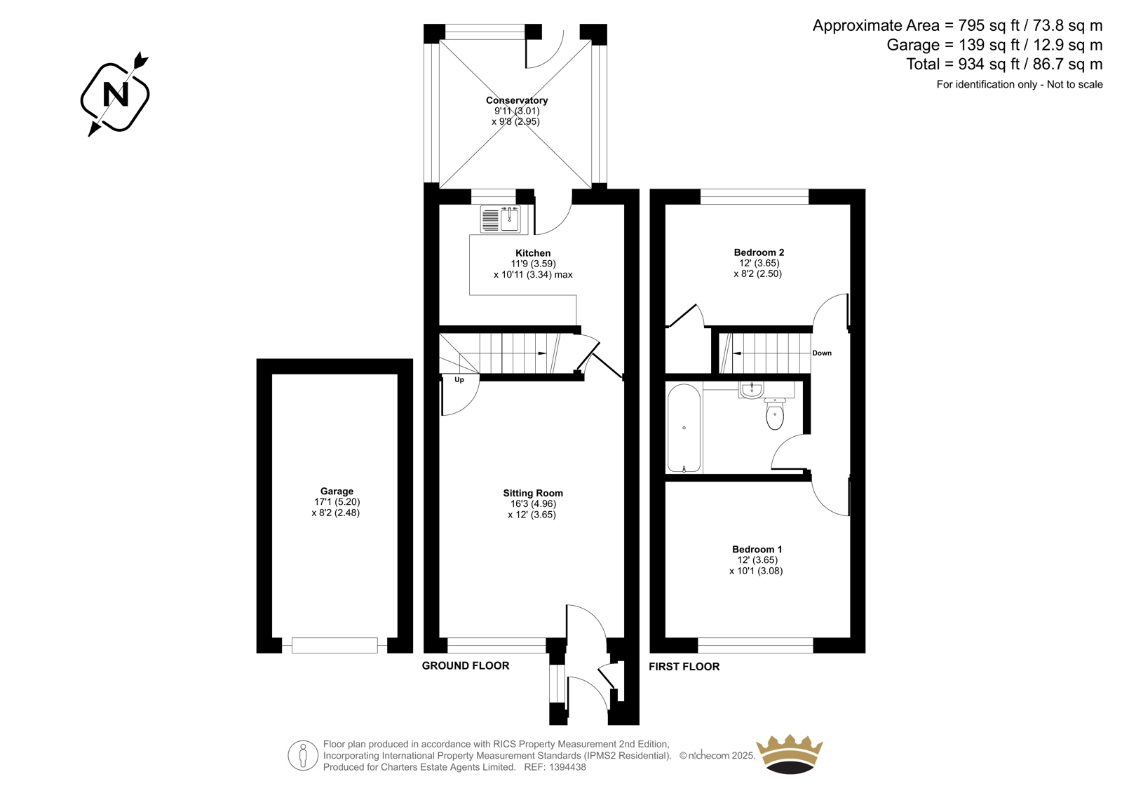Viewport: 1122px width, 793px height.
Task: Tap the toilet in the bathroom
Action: point(775,414)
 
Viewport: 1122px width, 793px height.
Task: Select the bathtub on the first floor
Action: point(684,428)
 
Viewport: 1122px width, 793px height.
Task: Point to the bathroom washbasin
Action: point(751,391)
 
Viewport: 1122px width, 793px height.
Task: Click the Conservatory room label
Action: point(516,100)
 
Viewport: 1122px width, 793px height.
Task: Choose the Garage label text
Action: point(337,491)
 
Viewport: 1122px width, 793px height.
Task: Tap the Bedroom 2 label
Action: point(759,252)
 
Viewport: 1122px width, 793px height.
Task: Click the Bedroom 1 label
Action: point(757,549)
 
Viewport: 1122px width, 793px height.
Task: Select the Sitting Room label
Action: point(533,493)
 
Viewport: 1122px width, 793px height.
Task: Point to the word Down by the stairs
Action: point(822,353)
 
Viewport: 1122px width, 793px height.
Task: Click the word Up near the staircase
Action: point(459,380)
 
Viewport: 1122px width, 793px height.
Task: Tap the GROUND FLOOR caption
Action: point(466,665)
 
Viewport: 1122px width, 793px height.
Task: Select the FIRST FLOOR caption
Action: point(684,666)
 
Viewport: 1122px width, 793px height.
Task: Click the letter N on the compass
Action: point(115,94)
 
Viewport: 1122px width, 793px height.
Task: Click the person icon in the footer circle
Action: point(302,756)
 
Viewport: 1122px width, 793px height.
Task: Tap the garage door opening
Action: point(334,645)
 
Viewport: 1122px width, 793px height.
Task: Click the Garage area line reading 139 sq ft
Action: point(994,45)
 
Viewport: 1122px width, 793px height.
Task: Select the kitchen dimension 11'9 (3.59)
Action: point(533,264)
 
